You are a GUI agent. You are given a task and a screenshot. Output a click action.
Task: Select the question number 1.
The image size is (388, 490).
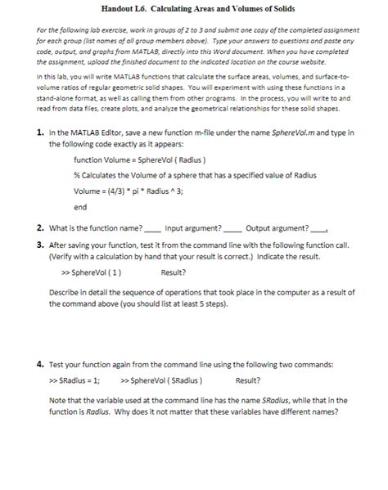tap(41, 132)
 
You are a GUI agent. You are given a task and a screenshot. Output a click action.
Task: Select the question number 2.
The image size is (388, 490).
tap(41, 227)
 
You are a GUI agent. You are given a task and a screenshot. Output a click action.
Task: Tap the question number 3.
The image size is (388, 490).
tap(41, 244)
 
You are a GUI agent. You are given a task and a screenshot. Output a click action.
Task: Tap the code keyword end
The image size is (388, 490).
tap(80, 207)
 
